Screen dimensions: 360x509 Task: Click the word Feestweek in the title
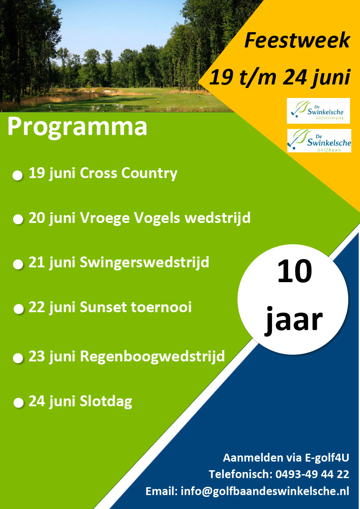[297, 40]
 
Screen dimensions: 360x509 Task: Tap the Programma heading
[77, 127]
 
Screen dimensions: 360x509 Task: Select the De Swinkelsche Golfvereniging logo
[318, 111]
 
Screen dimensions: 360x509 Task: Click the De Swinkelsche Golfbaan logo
[319, 141]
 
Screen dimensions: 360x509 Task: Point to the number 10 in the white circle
[294, 271]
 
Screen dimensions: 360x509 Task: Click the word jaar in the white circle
[294, 320]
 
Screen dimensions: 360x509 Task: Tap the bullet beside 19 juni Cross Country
[17, 175]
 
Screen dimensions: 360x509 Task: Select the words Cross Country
[128, 173]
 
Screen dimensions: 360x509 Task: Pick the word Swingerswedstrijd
[144, 263]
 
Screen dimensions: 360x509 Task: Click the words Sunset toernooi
[136, 307]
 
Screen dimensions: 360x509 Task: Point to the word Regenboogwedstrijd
[152, 357]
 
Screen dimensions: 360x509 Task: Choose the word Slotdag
[106, 401]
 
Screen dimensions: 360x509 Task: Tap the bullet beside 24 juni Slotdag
[18, 403]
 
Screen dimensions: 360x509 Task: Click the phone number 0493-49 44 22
[312, 474]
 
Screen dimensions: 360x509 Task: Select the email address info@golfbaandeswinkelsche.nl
[265, 491]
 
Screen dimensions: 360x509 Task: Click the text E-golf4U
[327, 458]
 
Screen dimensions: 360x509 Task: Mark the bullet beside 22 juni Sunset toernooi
[19, 309]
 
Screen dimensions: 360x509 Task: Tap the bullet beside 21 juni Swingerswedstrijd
[18, 265]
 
